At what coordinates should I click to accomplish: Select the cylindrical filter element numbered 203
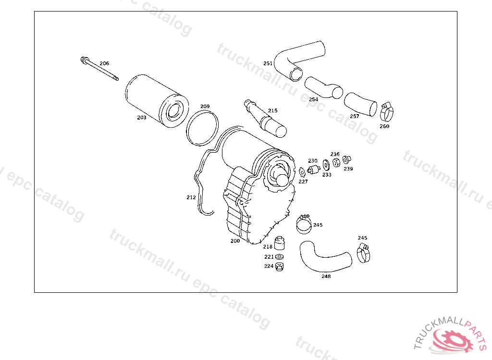click(x=157, y=101)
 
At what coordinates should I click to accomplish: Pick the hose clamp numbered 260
click(x=387, y=112)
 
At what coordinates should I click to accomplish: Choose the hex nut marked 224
click(x=279, y=266)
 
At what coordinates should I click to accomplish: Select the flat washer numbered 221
click(x=279, y=257)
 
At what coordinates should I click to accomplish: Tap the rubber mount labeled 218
click(x=279, y=243)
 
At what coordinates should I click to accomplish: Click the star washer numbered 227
click(x=302, y=172)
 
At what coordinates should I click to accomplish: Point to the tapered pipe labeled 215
click(x=265, y=119)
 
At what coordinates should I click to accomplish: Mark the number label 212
click(x=191, y=197)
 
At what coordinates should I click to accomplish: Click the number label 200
click(x=235, y=241)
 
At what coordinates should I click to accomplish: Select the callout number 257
click(x=355, y=116)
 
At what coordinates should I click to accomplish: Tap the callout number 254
click(x=313, y=99)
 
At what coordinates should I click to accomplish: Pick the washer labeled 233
click(x=326, y=165)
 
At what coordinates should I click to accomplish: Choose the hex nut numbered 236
click(x=336, y=162)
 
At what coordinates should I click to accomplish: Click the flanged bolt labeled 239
click(x=346, y=160)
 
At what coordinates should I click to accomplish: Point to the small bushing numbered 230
click(x=313, y=169)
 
